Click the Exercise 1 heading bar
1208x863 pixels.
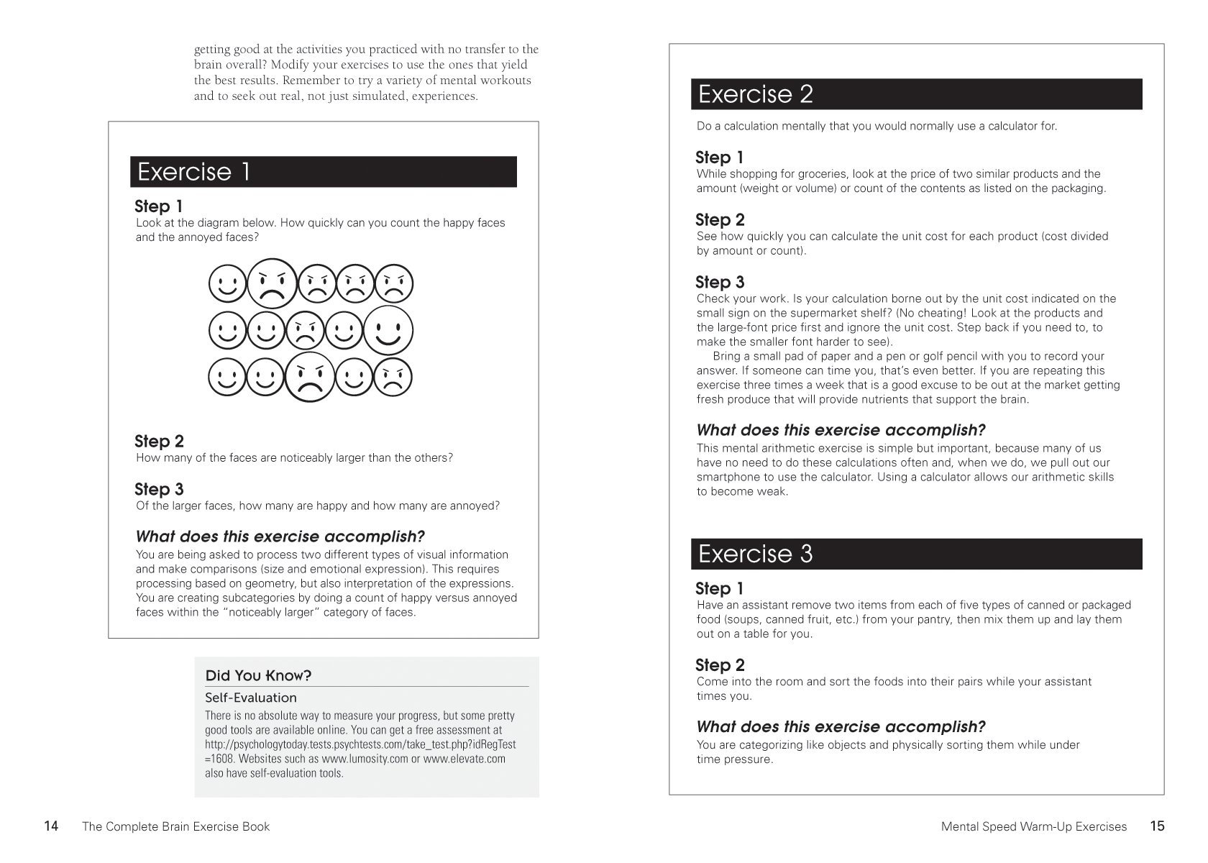(x=323, y=172)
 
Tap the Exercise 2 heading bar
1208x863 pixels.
(x=916, y=94)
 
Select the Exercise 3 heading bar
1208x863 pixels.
(x=916, y=554)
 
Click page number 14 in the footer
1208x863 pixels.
(x=51, y=826)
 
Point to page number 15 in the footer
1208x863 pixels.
(x=1157, y=826)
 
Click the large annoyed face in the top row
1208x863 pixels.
(x=273, y=283)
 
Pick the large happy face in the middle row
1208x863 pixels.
(x=388, y=330)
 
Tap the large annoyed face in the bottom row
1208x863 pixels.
(x=310, y=377)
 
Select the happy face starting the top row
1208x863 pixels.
(x=228, y=284)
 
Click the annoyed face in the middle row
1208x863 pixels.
(x=306, y=332)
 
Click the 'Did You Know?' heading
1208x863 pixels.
(x=258, y=675)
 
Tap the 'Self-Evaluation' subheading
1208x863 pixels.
(x=250, y=698)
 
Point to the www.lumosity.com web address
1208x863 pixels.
(x=364, y=759)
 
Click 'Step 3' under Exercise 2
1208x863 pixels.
(x=720, y=282)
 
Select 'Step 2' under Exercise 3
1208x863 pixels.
(x=720, y=665)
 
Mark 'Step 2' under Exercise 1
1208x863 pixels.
(x=159, y=441)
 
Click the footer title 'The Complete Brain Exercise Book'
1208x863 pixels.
(x=176, y=827)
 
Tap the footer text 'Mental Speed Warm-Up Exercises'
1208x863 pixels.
(x=1033, y=827)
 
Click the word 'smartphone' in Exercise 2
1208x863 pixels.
(x=726, y=477)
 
